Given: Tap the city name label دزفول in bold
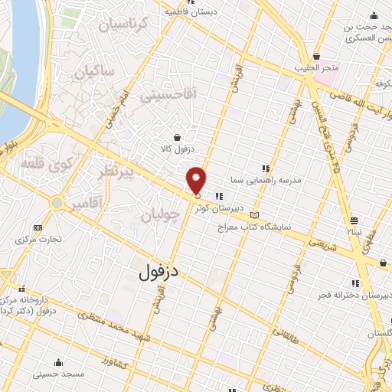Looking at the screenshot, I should click(x=160, y=271).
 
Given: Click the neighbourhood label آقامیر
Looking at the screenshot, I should click(x=85, y=205).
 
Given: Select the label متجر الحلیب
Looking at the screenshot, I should click(x=318, y=67).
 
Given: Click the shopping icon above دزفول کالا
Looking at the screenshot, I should click(x=178, y=137).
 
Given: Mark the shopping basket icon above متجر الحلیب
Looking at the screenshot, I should click(x=316, y=55).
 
